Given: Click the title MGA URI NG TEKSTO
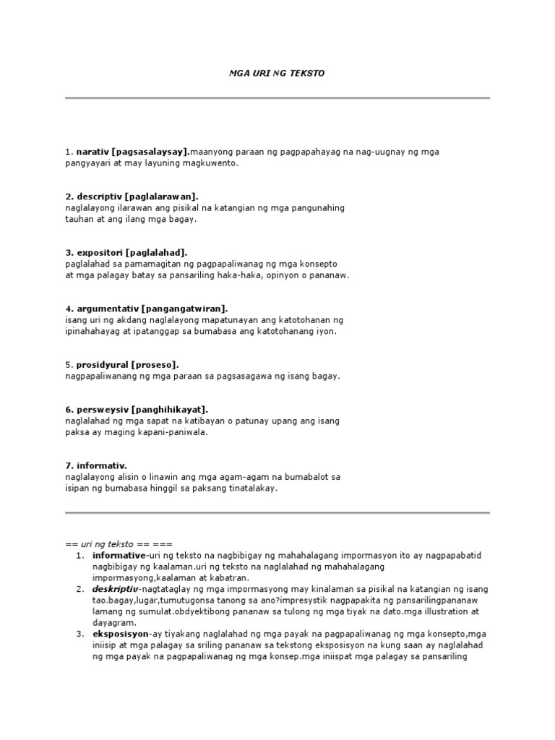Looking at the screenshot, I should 278,74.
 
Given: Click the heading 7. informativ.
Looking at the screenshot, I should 91,465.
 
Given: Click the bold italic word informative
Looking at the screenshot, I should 119,555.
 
